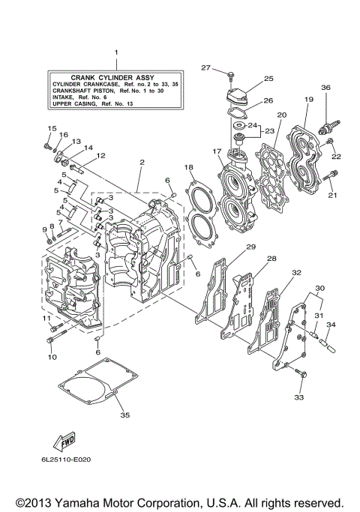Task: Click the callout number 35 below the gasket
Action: (x=125, y=415)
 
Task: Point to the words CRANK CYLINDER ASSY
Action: (x=117, y=76)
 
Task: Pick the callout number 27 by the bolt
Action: (x=206, y=68)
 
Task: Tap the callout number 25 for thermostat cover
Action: (x=268, y=78)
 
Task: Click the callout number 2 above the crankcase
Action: (x=140, y=161)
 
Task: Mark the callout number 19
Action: (x=308, y=99)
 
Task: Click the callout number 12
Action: (x=100, y=155)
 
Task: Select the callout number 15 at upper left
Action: (x=52, y=128)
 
